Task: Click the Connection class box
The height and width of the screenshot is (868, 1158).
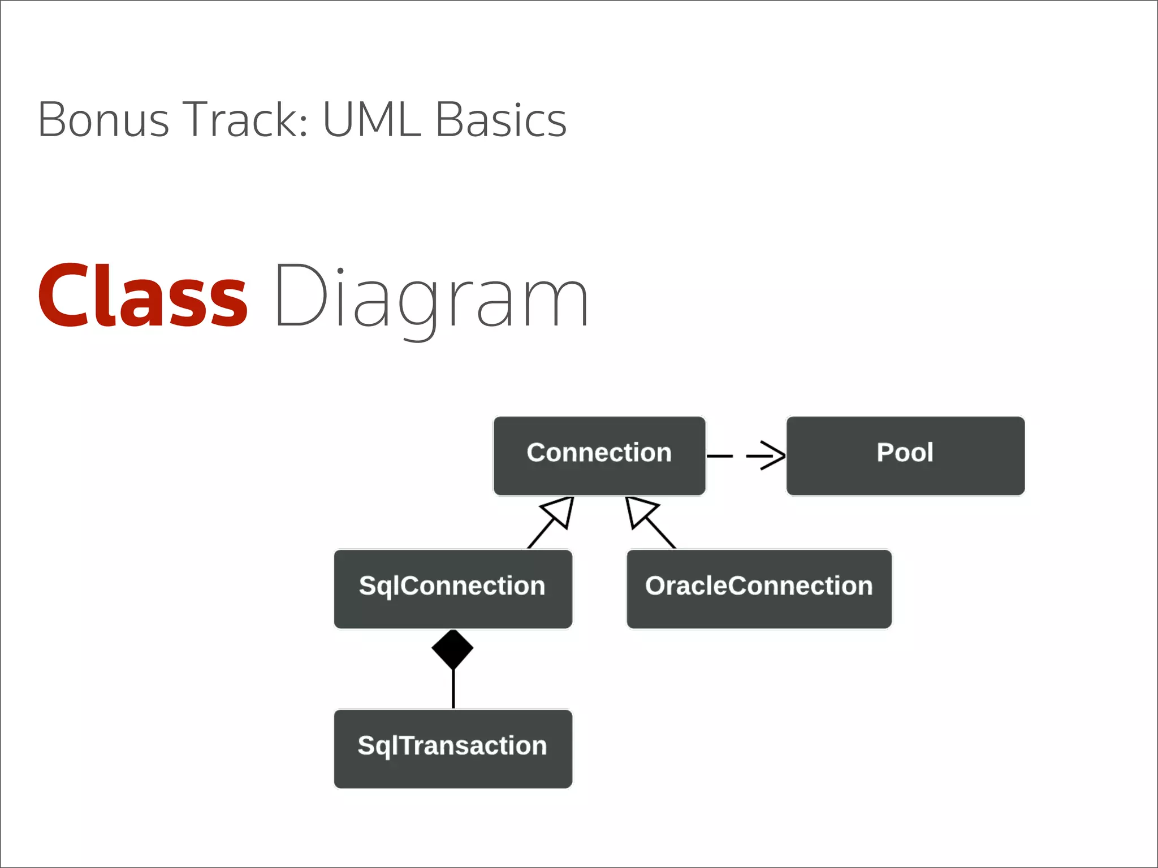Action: click(599, 456)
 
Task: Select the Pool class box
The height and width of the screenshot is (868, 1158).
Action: click(905, 456)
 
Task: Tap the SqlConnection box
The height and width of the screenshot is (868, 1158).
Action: click(453, 588)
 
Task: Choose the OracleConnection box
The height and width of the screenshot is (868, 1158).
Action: click(759, 588)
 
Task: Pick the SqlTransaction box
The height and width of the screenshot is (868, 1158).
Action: click(453, 748)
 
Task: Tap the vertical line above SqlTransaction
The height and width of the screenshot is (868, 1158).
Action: click(453, 688)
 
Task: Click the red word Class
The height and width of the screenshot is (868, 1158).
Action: click(142, 297)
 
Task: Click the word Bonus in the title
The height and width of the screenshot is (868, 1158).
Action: click(103, 120)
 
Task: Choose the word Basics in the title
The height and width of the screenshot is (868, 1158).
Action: click(501, 120)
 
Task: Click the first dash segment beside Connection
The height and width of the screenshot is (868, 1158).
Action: click(720, 455)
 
